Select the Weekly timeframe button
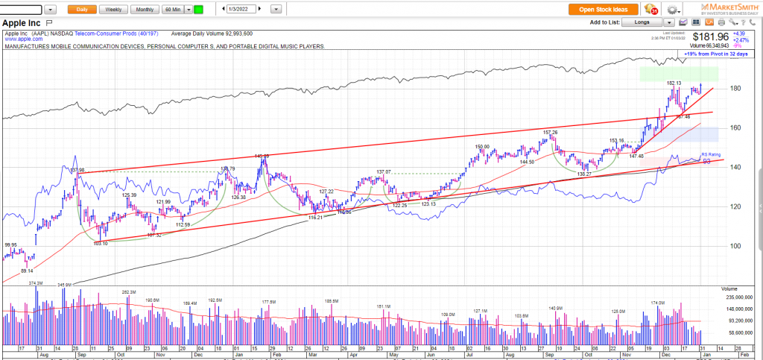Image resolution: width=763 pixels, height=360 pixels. [113, 10]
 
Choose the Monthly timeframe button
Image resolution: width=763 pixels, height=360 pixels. [145, 10]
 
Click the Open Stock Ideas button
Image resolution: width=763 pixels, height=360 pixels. [604, 10]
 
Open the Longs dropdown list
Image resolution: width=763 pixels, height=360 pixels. [645, 23]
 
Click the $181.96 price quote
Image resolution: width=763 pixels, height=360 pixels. [710, 36]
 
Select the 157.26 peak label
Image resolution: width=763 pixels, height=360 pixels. [550, 132]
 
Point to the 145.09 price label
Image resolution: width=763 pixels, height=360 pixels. [262, 156]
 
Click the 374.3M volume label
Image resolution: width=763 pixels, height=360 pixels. [37, 283]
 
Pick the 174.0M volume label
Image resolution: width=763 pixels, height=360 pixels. [658, 303]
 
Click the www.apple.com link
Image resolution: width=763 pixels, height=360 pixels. [19, 38]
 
